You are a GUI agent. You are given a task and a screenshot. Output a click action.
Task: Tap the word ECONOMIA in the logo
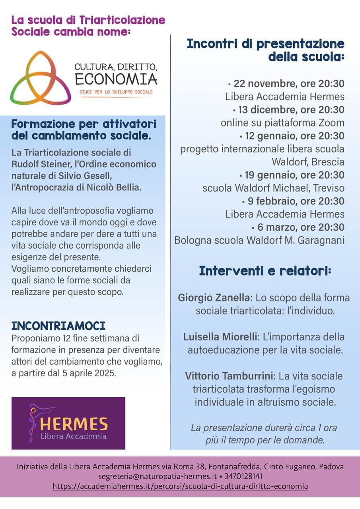pyautogui.click(x=116, y=79)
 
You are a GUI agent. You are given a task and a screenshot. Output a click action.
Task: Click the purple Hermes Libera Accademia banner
pyautogui.click(x=68, y=423)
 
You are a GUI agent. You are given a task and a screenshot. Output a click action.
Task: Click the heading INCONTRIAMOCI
pyautogui.click(x=58, y=326)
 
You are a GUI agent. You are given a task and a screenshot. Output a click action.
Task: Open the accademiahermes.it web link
pyautogui.click(x=180, y=486)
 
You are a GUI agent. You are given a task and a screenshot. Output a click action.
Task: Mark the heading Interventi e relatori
pyautogui.click(x=265, y=271)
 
